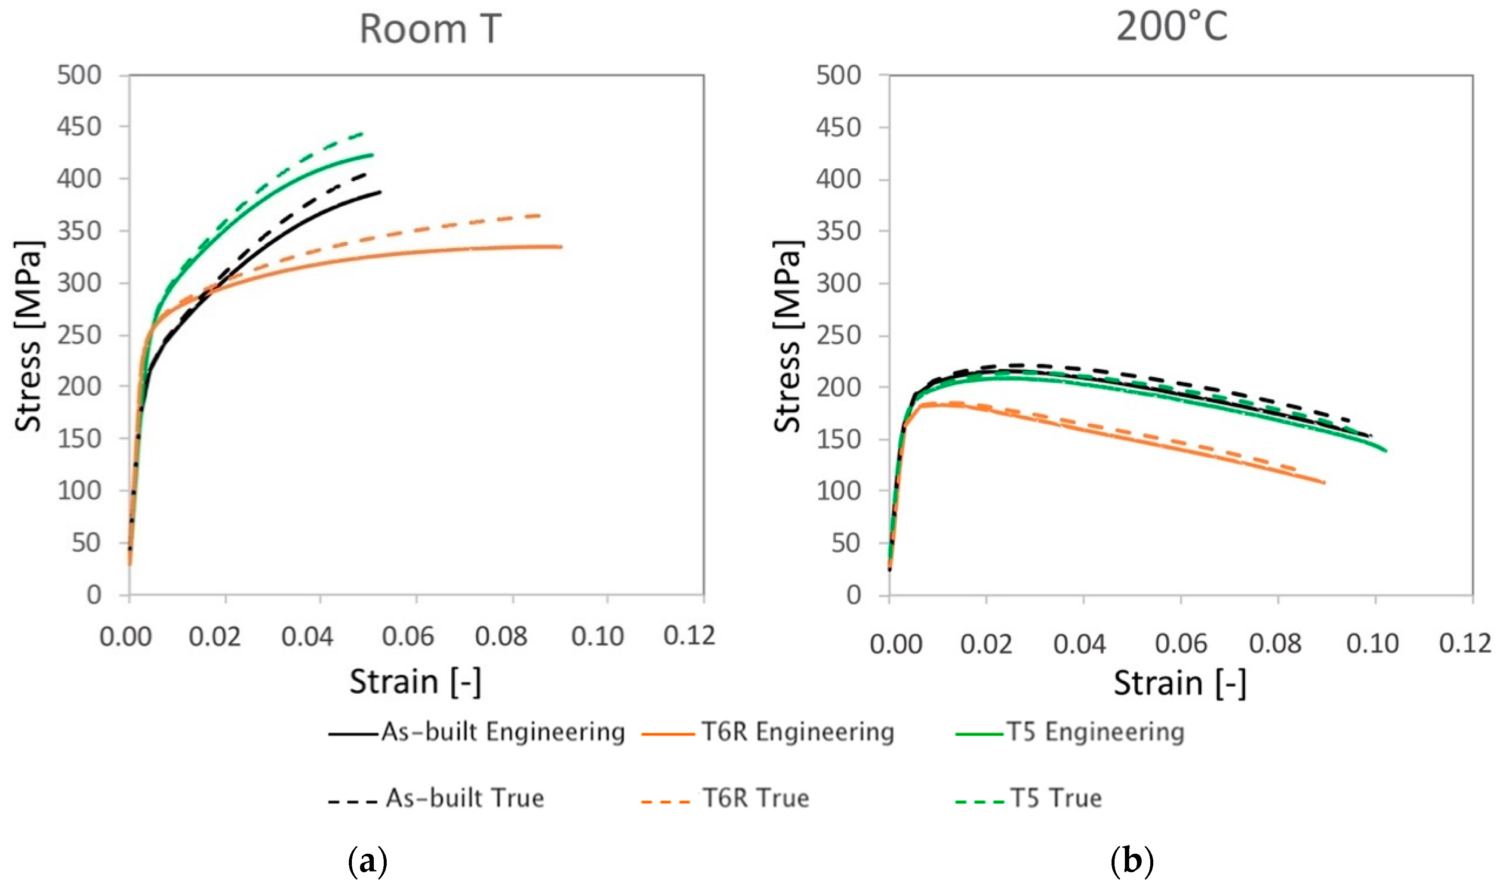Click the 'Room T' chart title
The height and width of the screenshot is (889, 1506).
430,29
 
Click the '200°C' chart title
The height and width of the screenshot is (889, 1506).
1172,27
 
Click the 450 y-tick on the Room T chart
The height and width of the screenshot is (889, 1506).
79,127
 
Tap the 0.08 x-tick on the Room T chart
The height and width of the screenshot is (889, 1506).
501,636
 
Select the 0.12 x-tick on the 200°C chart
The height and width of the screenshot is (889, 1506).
1464,644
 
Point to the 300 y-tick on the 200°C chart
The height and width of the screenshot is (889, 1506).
838,284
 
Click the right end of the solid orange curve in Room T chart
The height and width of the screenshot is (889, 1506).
561,246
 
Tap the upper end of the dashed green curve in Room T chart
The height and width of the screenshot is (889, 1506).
363,133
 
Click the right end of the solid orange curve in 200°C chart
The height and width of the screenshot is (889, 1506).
1324,482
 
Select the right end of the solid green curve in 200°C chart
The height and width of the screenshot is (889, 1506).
1386,451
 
